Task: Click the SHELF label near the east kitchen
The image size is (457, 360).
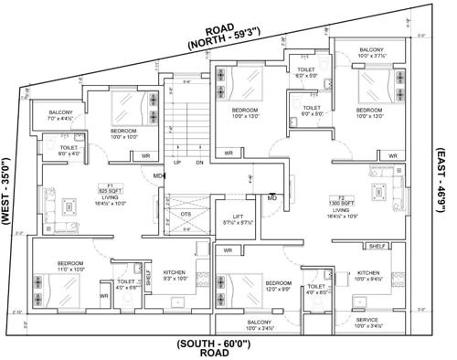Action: click(377, 247)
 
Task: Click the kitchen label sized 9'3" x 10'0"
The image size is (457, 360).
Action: click(175, 276)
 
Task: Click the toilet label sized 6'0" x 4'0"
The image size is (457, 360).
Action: click(69, 150)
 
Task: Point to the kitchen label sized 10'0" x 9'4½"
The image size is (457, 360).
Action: click(369, 276)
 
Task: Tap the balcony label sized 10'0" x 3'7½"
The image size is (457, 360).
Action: click(371, 53)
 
